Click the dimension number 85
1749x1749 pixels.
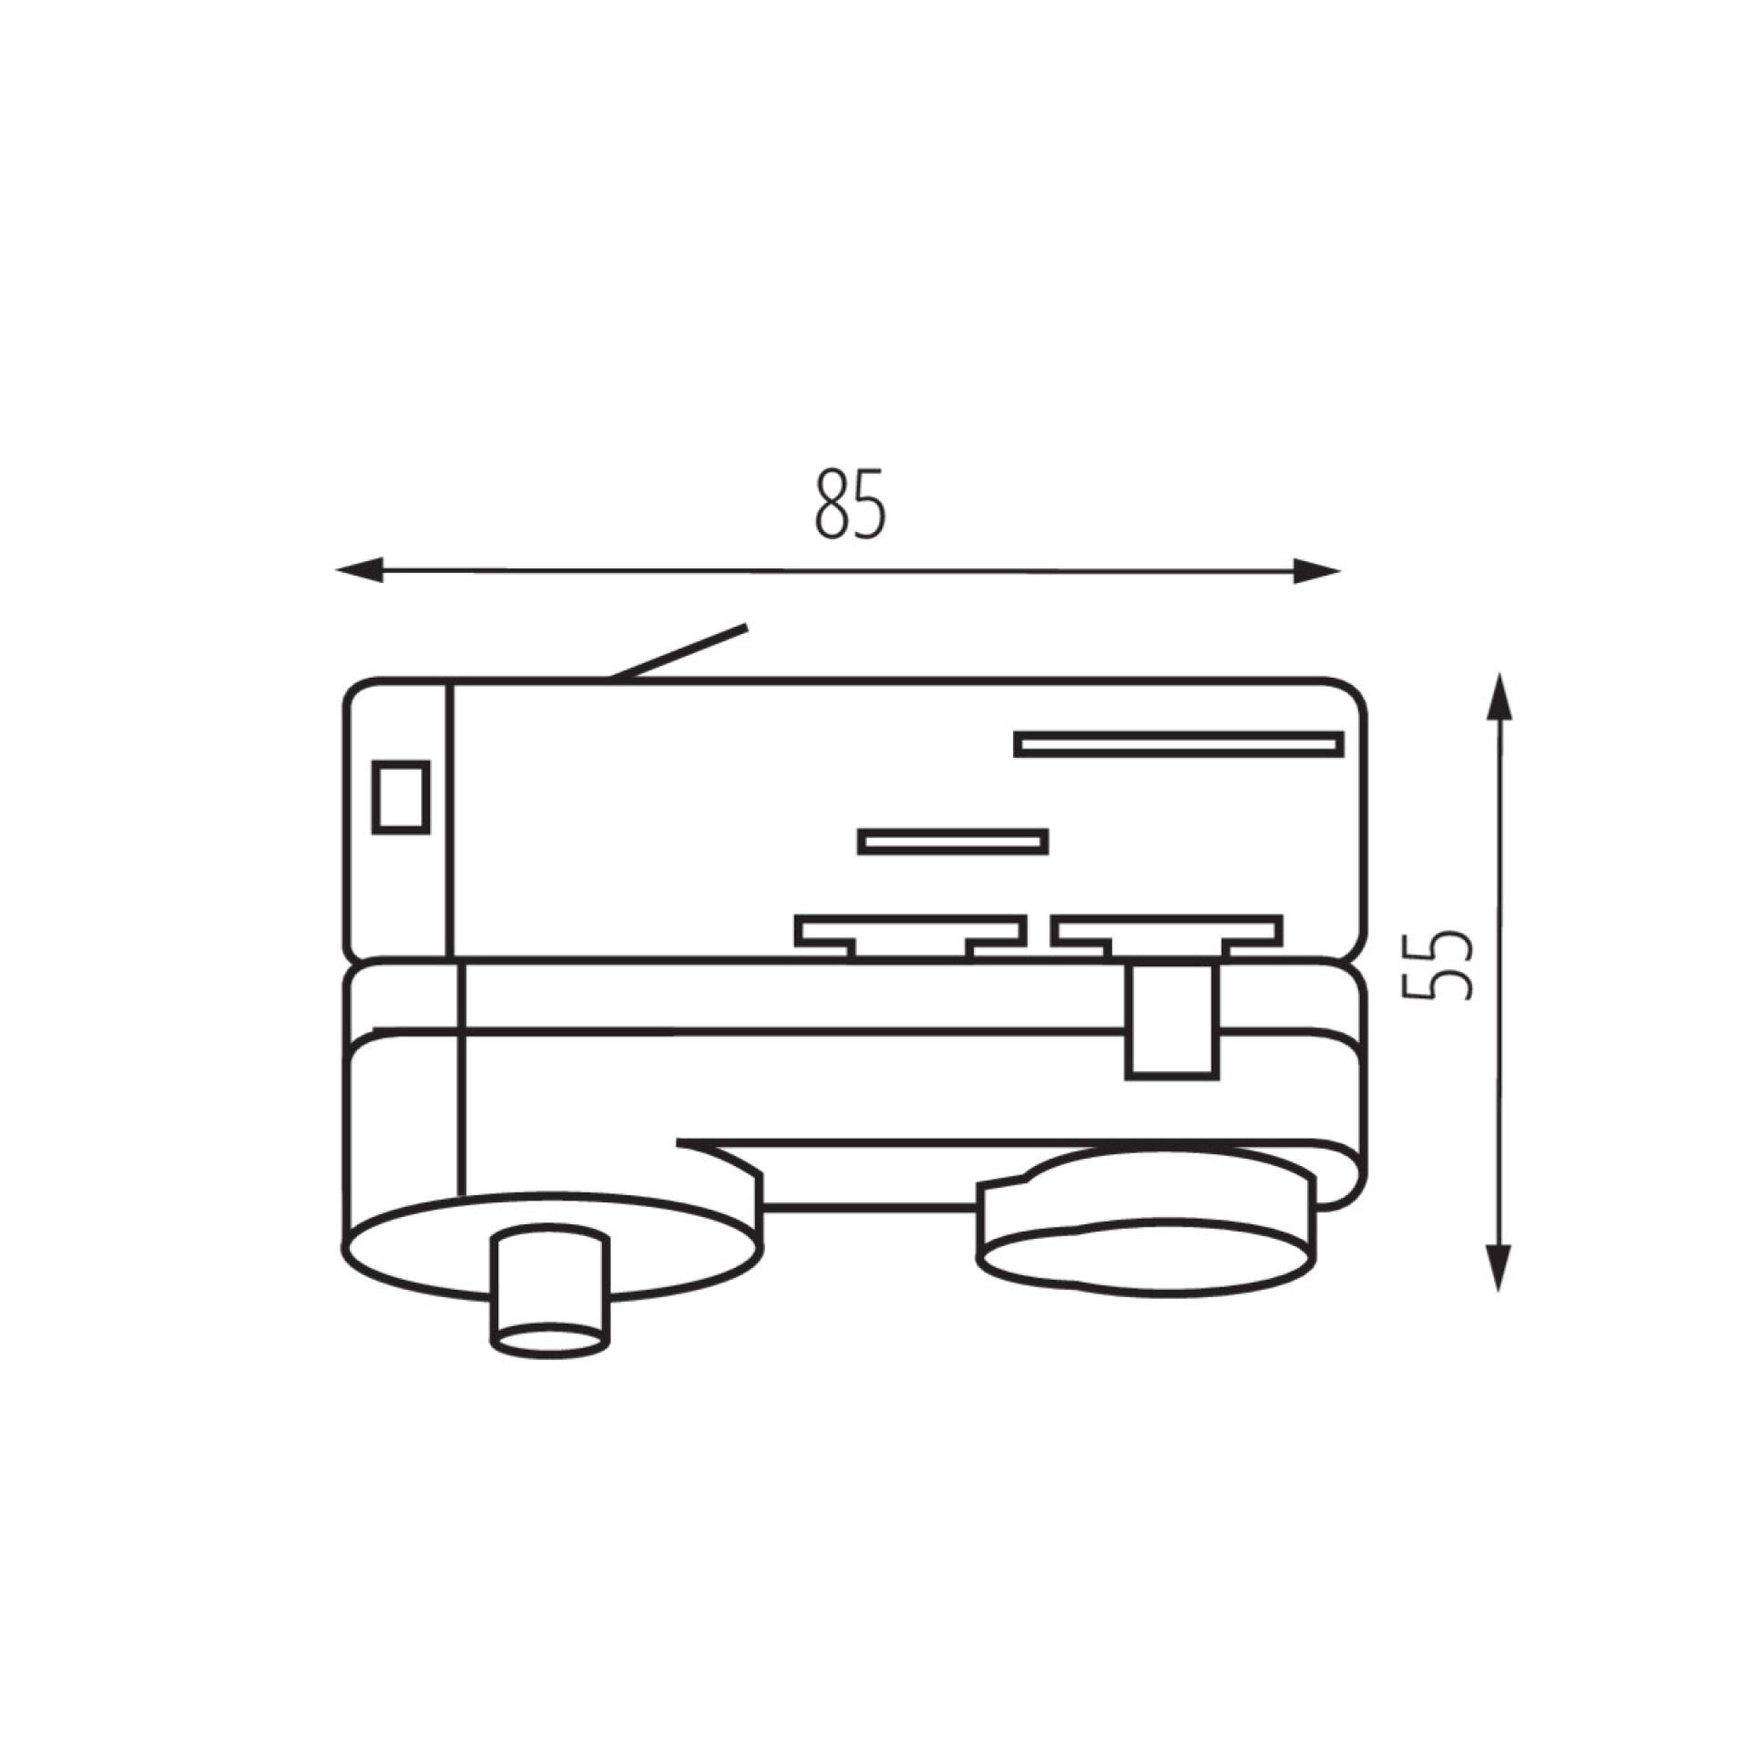pyautogui.click(x=849, y=504)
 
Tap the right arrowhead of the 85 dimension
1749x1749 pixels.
pyautogui.click(x=1317, y=571)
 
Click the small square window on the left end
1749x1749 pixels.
pyautogui.click(x=401, y=796)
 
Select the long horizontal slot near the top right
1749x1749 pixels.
pyautogui.click(x=1179, y=744)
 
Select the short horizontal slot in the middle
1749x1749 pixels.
pyautogui.click(x=953, y=841)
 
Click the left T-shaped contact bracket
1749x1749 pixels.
pyautogui.click(x=910, y=934)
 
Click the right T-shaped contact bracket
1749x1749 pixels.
pyautogui.click(x=1167, y=934)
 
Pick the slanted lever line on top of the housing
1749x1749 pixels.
pyautogui.click(x=679, y=652)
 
